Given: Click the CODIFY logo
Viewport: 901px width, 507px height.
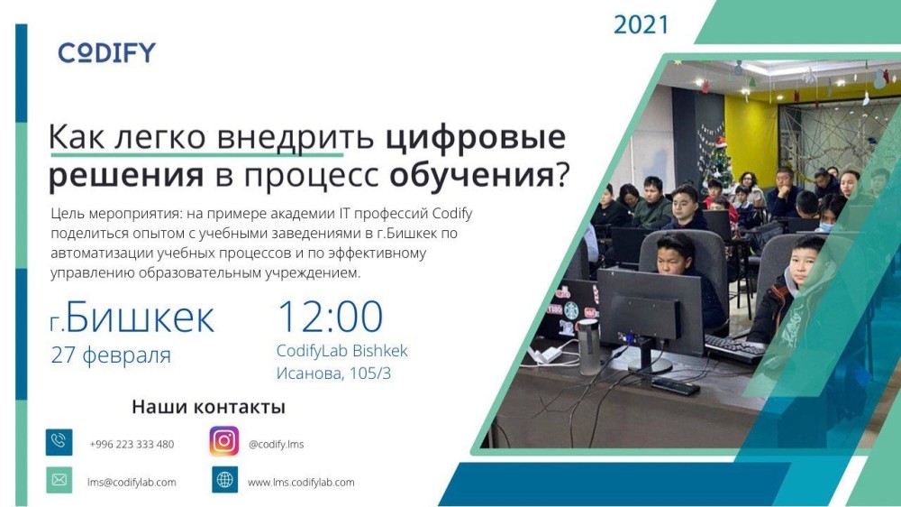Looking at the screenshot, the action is [x=107, y=53].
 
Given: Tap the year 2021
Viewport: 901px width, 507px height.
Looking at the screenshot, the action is [x=641, y=24].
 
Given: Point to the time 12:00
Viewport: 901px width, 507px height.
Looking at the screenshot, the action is [x=331, y=316].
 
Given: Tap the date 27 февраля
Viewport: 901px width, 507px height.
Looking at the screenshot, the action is [x=111, y=355].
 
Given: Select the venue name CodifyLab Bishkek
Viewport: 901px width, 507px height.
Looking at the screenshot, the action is [x=341, y=350].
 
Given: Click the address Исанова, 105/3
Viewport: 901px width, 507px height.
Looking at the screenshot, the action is [x=333, y=373].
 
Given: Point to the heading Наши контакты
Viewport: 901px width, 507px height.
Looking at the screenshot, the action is [x=209, y=407].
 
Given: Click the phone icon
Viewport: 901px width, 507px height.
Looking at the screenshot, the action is [x=59, y=442].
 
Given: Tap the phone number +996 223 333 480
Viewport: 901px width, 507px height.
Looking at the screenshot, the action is [x=132, y=444].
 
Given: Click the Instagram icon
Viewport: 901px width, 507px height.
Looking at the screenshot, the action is [x=224, y=441].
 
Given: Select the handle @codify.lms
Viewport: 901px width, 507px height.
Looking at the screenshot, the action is [x=276, y=444].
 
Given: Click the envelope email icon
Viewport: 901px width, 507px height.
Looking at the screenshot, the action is [x=59, y=479].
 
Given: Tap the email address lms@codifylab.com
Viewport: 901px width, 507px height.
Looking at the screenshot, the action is [x=132, y=483].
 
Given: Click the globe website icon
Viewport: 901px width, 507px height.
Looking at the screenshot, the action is [x=224, y=479].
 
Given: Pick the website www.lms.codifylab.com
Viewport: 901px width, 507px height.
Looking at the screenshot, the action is [x=301, y=483].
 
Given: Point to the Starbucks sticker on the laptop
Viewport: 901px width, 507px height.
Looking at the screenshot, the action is [x=570, y=310].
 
